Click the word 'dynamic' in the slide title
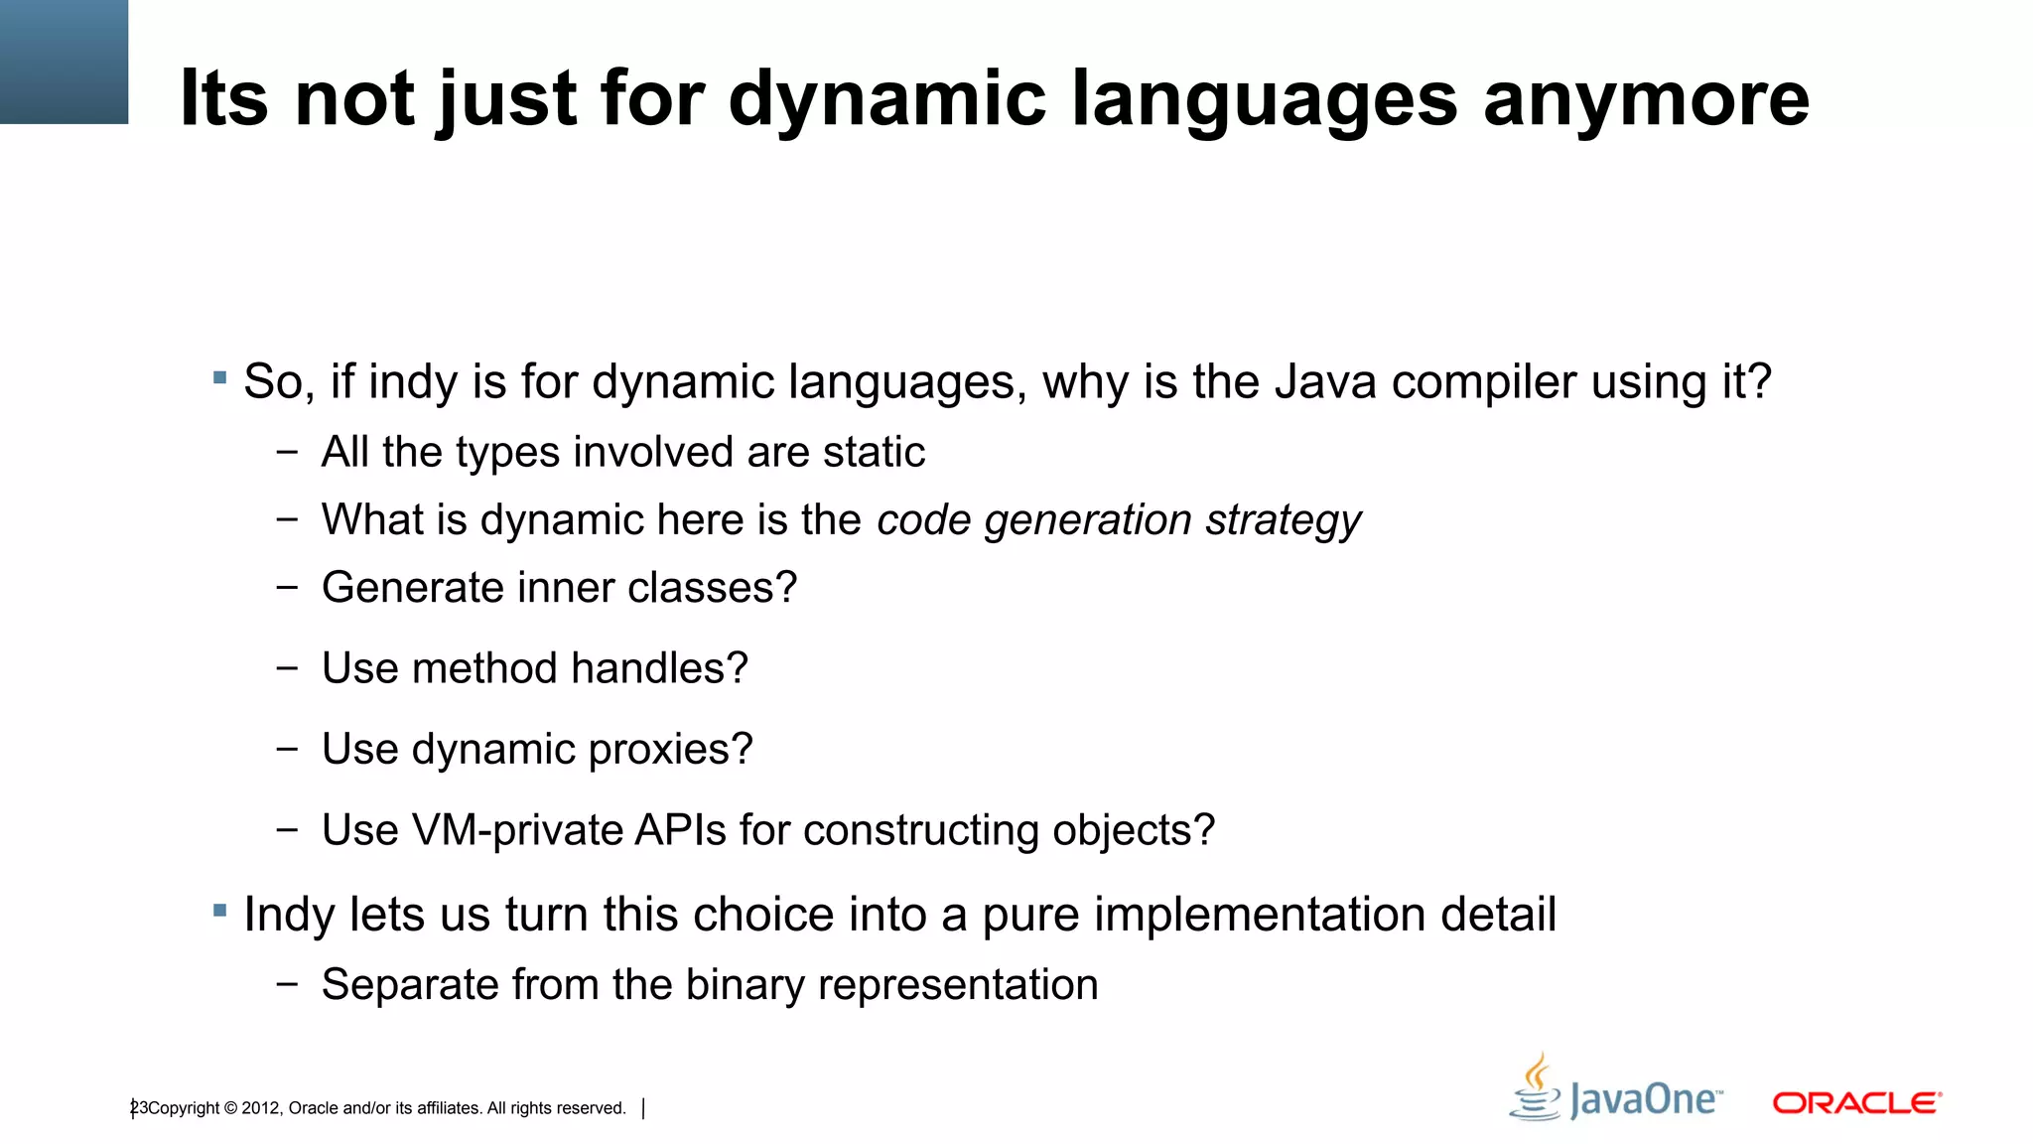click(886, 99)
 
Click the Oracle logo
click(1856, 1103)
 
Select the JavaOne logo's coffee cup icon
click(1536, 1090)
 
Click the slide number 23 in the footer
click(139, 1108)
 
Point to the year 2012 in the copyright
click(261, 1108)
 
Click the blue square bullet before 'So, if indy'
click(220, 378)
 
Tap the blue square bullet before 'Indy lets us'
click(220, 910)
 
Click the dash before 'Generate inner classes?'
click(287, 587)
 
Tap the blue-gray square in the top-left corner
click(64, 62)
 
